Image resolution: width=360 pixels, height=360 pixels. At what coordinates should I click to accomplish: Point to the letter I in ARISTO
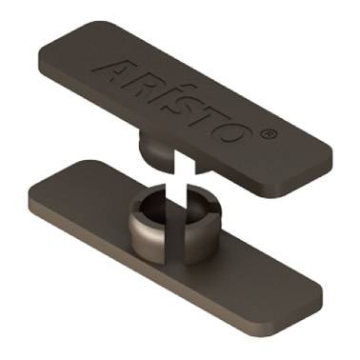(167, 96)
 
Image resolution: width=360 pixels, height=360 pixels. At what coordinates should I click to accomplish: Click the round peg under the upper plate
(155, 150)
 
